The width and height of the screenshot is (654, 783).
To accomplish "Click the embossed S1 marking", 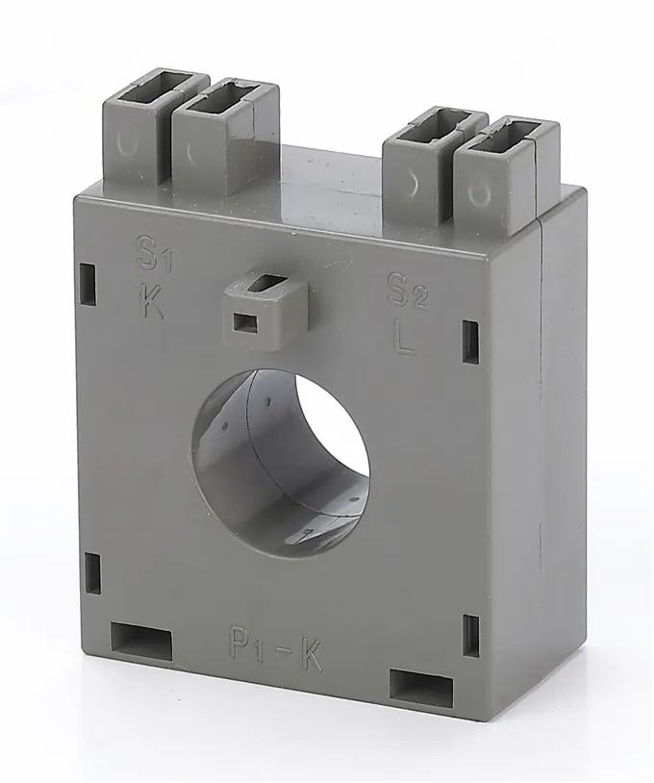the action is [154, 254].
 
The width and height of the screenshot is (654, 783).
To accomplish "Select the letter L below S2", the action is [404, 339].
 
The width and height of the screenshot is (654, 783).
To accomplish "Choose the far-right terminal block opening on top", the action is [509, 133].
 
